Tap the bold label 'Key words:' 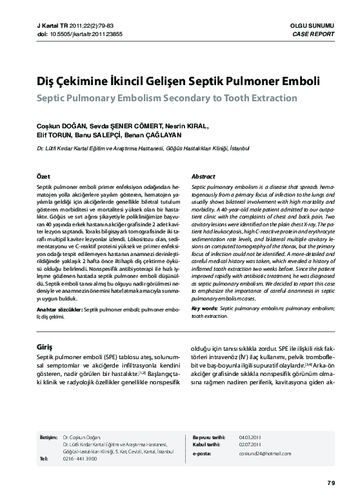click(205, 309)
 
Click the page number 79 click(331, 483)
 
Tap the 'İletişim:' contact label click(48, 437)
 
